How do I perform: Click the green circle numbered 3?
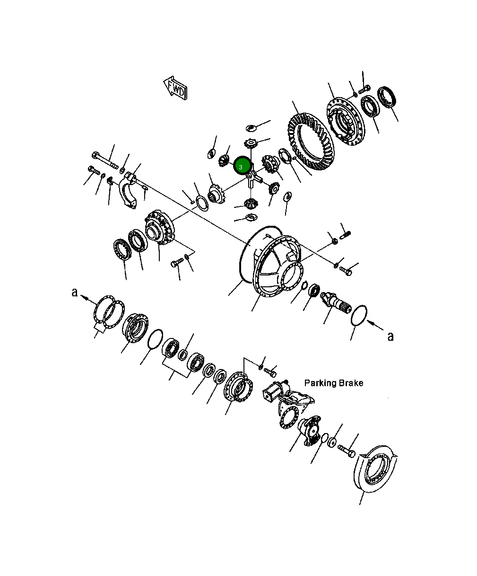pyautogui.click(x=242, y=166)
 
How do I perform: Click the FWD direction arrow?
pyautogui.click(x=175, y=88)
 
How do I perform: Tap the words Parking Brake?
pyautogui.click(x=333, y=383)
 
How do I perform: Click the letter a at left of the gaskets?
pyautogui.click(x=74, y=292)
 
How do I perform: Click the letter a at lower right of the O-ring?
pyautogui.click(x=390, y=337)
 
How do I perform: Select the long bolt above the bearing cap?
pyautogui.click(x=105, y=160)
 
